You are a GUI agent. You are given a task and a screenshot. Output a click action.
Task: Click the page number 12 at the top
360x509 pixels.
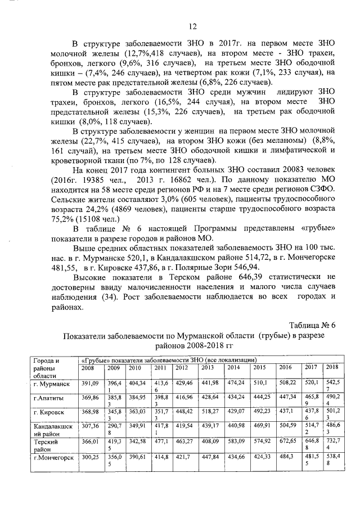tap(192, 26)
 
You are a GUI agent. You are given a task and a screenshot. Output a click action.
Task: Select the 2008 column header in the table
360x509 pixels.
tap(88, 367)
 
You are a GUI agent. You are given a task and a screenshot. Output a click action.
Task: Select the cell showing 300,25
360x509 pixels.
tap(90, 458)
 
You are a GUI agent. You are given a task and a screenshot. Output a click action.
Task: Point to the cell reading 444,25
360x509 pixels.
tap(262, 398)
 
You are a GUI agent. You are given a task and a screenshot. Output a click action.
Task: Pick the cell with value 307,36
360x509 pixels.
tap(90, 427)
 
